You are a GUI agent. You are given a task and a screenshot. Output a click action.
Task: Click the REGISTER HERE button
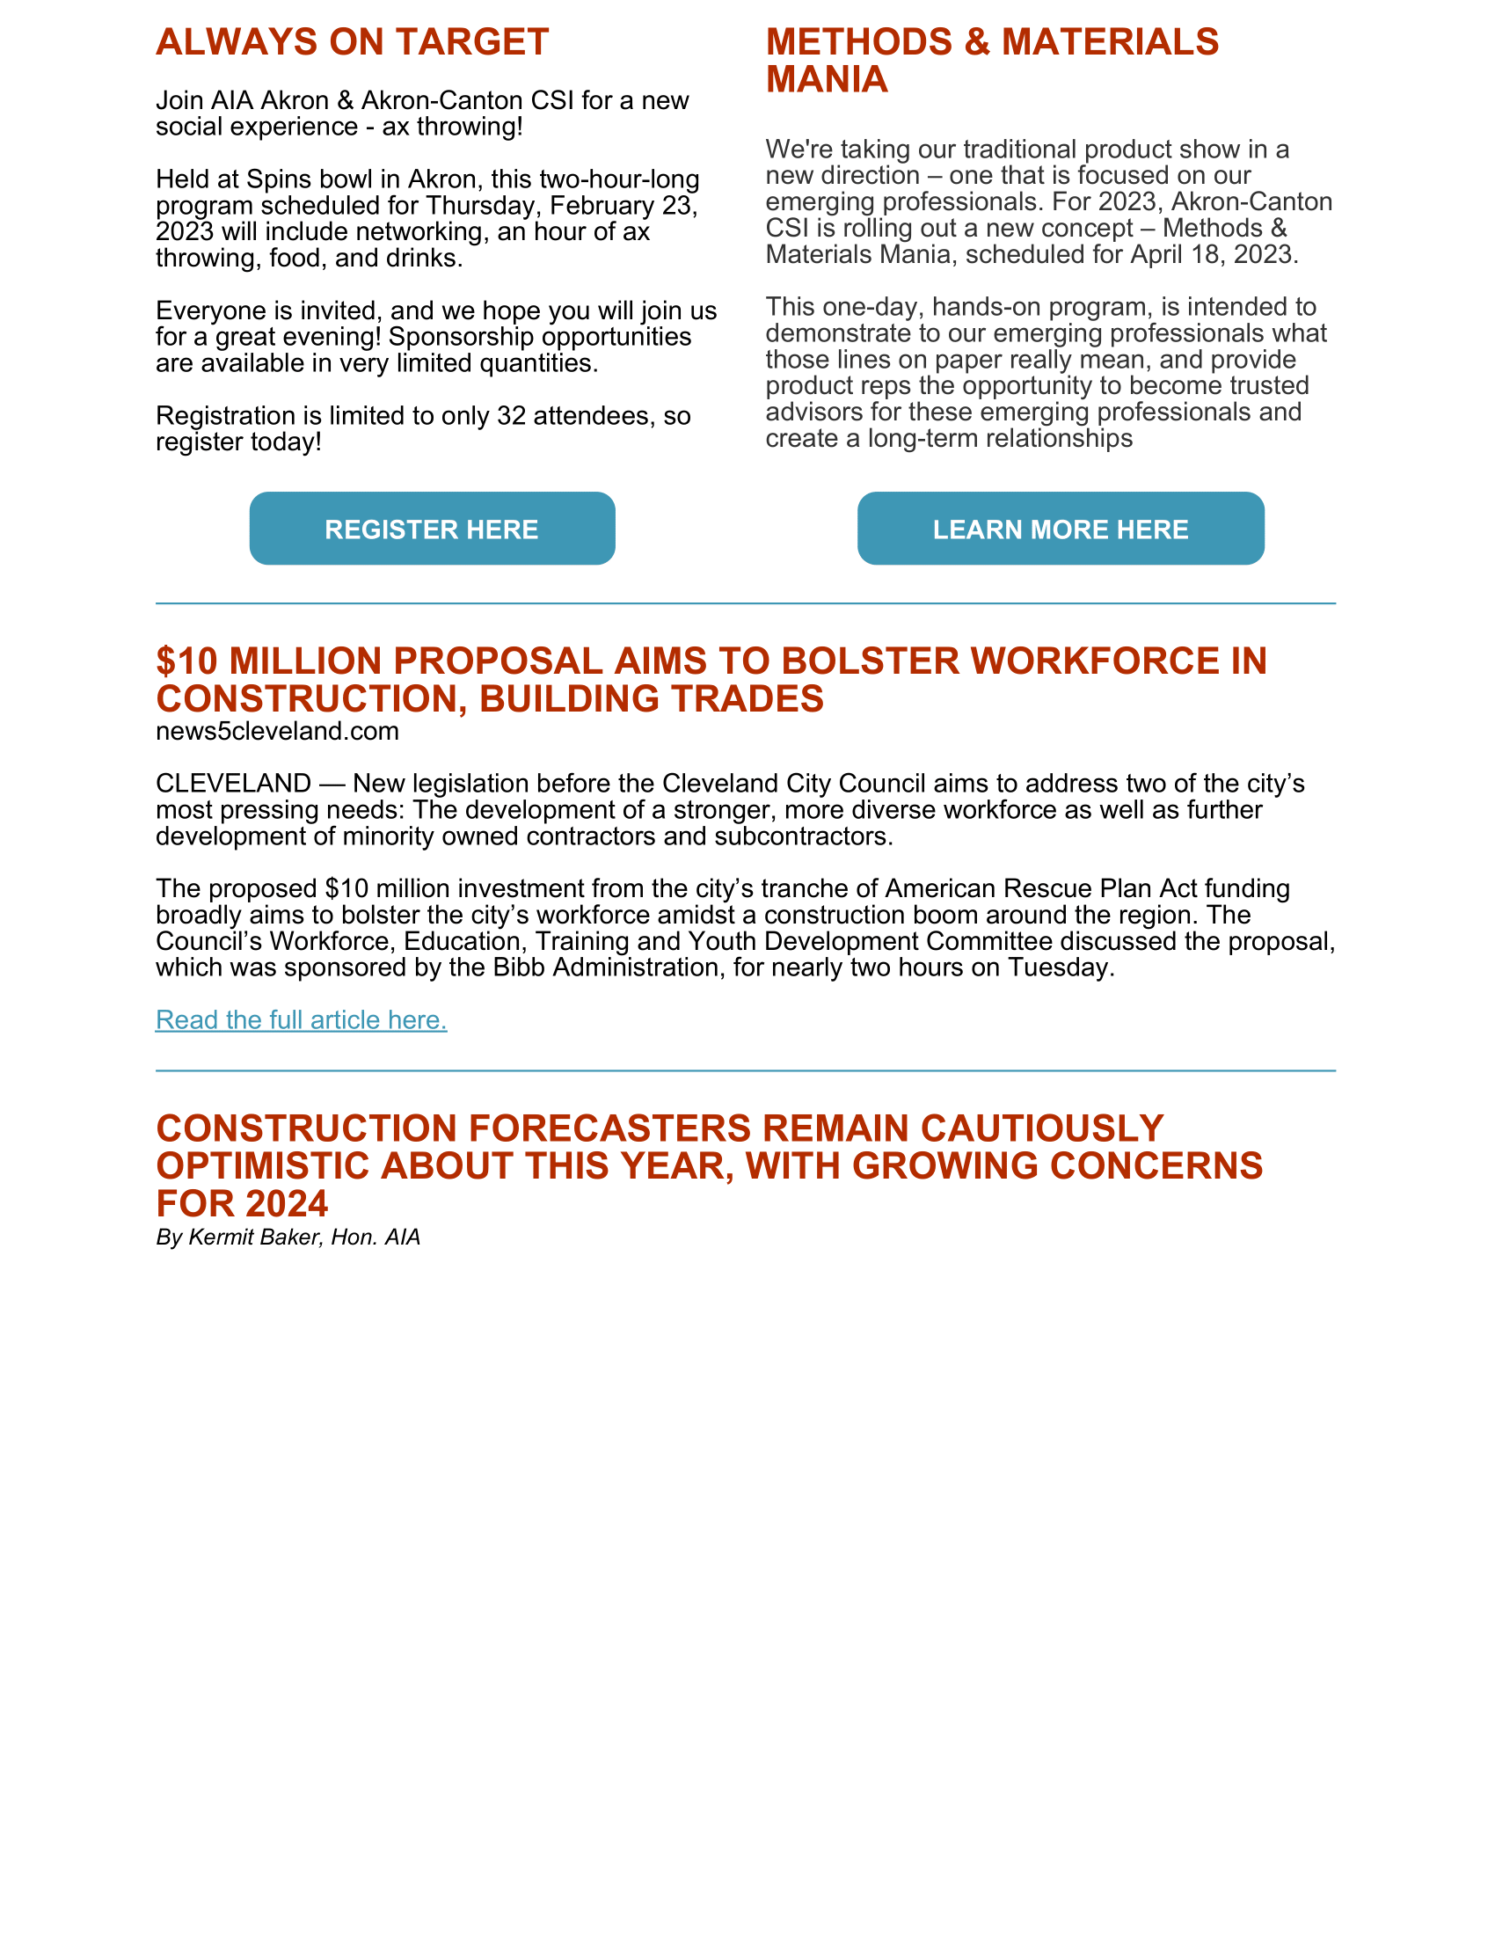432,529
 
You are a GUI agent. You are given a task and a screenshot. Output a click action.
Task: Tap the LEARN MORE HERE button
1061,529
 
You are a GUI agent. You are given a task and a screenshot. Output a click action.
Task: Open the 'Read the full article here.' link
301,1019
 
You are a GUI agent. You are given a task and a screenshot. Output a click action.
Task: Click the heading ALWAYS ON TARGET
353,42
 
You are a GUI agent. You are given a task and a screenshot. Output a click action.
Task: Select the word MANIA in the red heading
827,80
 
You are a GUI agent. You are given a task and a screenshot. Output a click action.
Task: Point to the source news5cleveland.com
277,731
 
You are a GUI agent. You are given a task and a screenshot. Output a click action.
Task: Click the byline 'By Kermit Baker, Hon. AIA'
288,1237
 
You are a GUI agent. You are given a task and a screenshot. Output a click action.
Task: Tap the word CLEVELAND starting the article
233,784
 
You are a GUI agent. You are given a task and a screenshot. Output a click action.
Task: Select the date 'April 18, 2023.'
1214,254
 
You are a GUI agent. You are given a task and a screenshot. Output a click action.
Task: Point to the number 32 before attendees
512,415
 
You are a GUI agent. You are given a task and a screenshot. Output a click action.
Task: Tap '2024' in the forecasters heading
287,1204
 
